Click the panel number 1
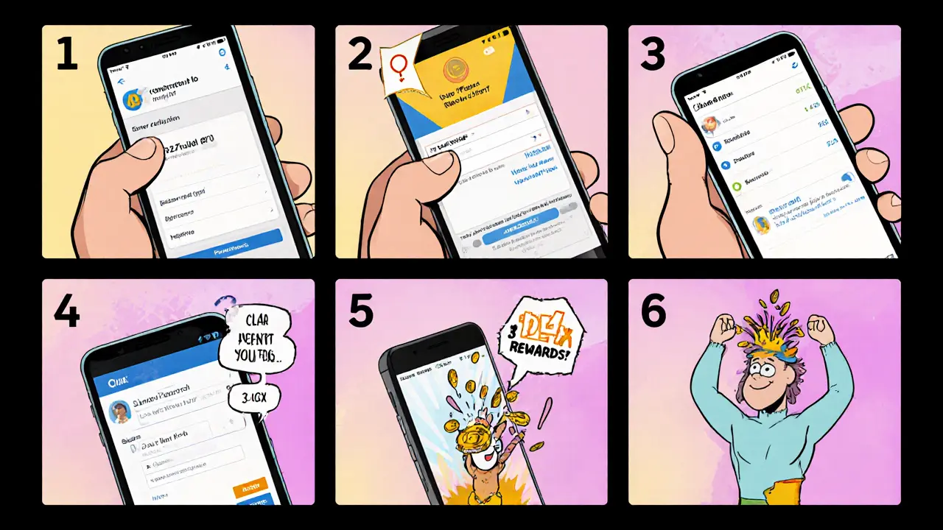[x=67, y=54]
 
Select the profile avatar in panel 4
[x=120, y=412]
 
